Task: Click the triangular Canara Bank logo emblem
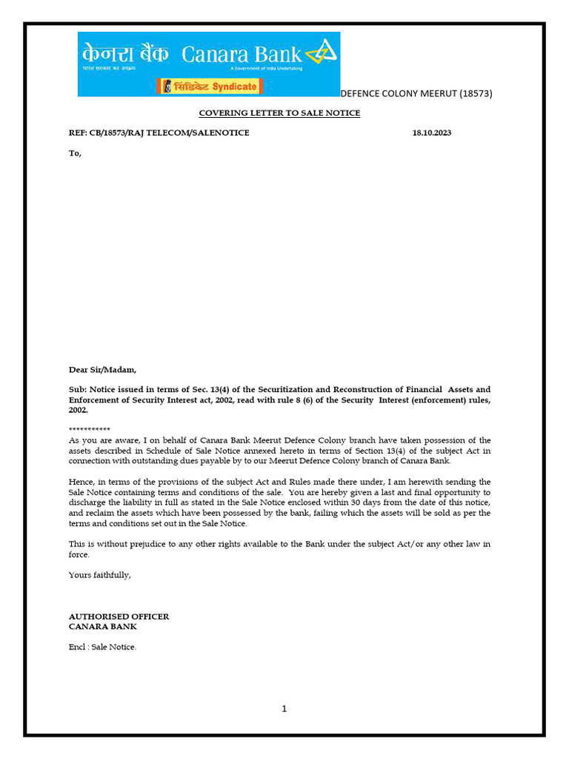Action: coord(322,53)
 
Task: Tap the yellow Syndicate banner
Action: coord(209,87)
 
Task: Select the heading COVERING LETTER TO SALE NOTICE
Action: coord(279,113)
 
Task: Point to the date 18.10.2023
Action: coord(431,133)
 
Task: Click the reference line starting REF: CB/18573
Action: coord(159,133)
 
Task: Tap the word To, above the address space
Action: coord(75,153)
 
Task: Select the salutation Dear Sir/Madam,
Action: coord(103,369)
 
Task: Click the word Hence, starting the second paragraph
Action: coord(81,482)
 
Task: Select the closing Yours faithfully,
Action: coord(99,574)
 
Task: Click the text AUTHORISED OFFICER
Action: coord(119,617)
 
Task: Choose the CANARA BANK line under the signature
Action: coord(102,626)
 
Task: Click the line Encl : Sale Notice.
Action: coord(102,647)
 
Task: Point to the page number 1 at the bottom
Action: coord(284,709)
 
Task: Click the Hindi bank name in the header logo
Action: coord(125,53)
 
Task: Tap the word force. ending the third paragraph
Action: coord(79,554)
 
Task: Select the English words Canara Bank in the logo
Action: coord(242,54)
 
